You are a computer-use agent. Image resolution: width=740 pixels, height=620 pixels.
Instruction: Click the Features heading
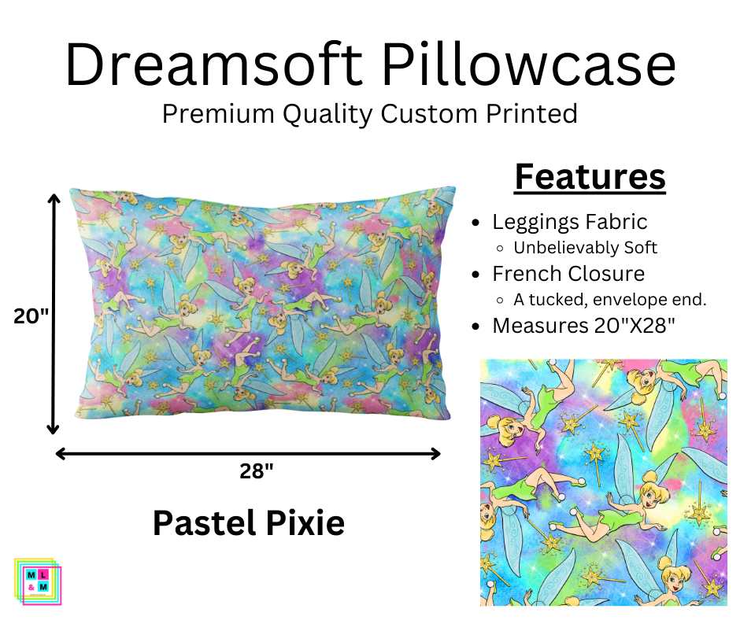click(x=590, y=177)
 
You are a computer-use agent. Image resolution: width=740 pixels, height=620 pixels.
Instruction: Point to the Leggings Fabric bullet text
click(x=569, y=223)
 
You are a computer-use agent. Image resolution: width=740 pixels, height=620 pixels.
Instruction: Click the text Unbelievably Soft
click(x=585, y=247)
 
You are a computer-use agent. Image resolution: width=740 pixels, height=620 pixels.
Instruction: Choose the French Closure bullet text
click(x=568, y=274)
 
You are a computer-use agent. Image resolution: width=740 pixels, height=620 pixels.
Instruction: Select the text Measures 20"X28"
click(x=583, y=325)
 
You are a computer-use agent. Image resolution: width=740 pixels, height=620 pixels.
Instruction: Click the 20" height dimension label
click(x=31, y=316)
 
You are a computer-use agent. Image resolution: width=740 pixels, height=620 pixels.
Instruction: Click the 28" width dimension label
click(x=257, y=471)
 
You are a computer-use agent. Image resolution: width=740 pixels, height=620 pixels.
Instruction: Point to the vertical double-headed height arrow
click(x=54, y=314)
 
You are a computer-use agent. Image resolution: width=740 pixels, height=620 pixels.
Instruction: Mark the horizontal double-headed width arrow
click(x=248, y=452)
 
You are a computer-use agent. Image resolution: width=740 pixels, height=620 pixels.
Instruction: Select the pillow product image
click(x=262, y=303)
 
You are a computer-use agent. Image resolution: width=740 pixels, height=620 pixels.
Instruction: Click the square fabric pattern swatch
click(x=603, y=482)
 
